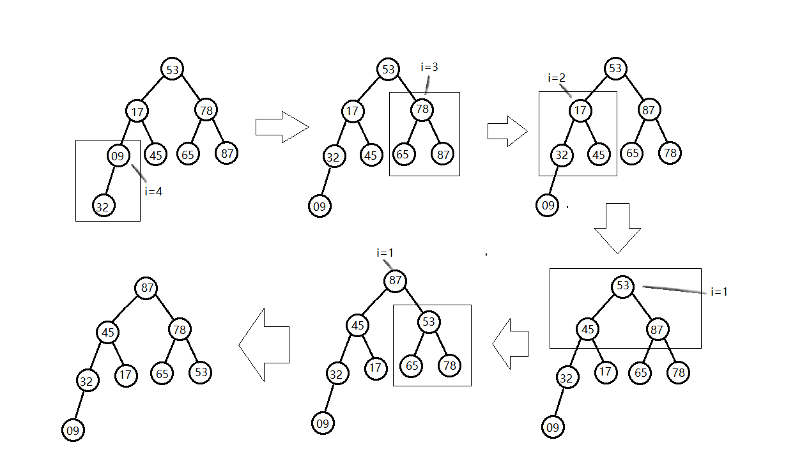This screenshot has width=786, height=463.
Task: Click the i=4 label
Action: [x=153, y=190]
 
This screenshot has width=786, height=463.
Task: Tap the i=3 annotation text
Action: [x=429, y=67]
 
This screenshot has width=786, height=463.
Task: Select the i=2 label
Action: [x=557, y=78]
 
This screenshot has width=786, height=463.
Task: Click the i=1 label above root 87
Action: [x=385, y=253]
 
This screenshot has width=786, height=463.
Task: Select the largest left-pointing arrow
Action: [x=265, y=345]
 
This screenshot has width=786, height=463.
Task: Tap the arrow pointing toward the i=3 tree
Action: [x=282, y=126]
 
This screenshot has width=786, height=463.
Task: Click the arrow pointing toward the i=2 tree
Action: [x=507, y=131]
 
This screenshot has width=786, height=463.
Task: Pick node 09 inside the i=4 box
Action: [x=118, y=155]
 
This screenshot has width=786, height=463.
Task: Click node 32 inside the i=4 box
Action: [x=102, y=206]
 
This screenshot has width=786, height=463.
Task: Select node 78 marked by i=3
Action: [x=422, y=110]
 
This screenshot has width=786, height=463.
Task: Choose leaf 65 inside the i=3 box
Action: [x=402, y=154]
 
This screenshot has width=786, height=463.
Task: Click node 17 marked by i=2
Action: [x=580, y=110]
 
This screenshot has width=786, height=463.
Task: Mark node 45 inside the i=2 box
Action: [x=599, y=154]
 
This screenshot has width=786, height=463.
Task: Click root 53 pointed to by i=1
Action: [x=623, y=286]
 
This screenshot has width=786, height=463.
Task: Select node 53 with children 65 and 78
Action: [x=428, y=322]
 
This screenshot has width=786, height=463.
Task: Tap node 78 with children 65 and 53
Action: [x=180, y=330]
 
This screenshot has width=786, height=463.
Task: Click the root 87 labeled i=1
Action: [x=395, y=280]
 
